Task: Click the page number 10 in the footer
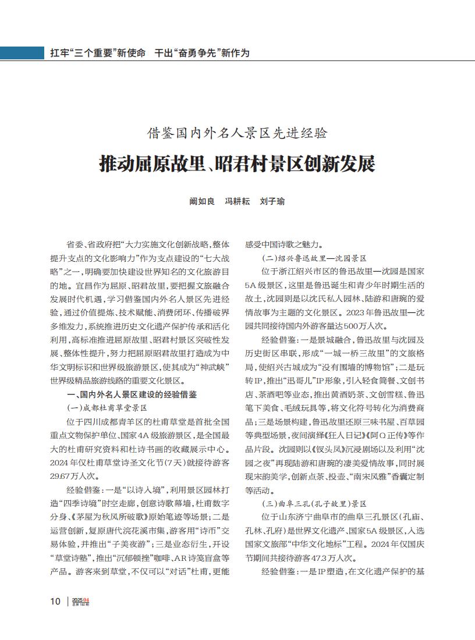(55, 601)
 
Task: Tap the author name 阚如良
(202, 201)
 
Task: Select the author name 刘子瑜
(272, 201)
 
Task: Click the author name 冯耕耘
(237, 201)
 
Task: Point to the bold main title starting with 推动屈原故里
(237, 163)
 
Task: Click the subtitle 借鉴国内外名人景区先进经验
(237, 133)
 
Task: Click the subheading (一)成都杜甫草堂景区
(107, 407)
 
